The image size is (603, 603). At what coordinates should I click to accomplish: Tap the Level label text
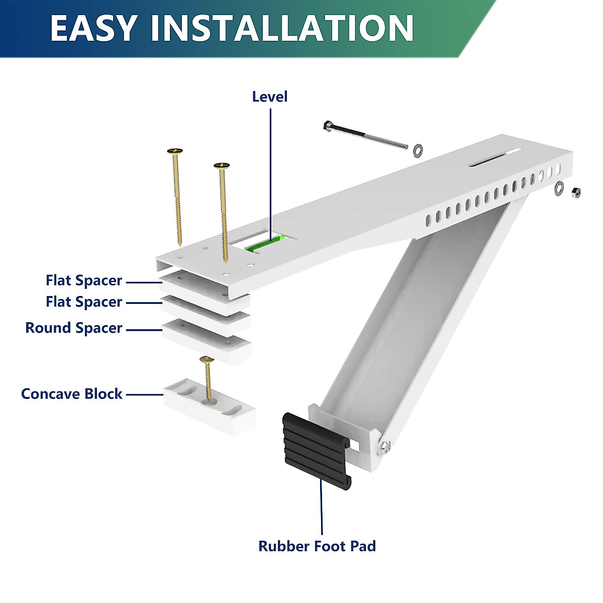(270, 96)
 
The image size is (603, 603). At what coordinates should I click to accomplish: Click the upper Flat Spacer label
(84, 280)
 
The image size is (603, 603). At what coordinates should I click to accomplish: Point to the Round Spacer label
(74, 328)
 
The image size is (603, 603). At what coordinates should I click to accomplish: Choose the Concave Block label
(72, 394)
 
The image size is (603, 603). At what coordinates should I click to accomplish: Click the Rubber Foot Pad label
(317, 546)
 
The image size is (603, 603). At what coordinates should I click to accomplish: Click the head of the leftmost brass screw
(175, 150)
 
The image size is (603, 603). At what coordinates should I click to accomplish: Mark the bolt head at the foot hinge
(385, 445)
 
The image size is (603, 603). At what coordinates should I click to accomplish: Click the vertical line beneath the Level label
(270, 171)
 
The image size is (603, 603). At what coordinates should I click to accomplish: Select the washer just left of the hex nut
(559, 188)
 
